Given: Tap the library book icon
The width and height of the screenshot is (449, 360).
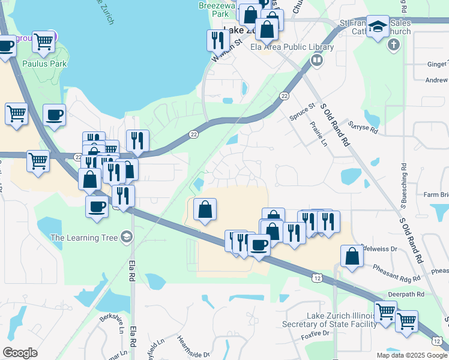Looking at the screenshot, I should pos(316,59).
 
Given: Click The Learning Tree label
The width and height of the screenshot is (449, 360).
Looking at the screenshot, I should pos(84,238).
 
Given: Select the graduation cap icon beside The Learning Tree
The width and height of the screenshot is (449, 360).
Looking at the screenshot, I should pos(126,238).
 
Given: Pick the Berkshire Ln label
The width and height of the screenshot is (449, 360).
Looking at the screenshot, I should pos(112,322).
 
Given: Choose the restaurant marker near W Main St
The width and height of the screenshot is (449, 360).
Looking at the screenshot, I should pos(217,40).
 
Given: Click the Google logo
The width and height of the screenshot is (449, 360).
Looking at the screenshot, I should pos(20,353).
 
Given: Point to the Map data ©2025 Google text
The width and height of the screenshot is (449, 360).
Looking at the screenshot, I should pos(412,355).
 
